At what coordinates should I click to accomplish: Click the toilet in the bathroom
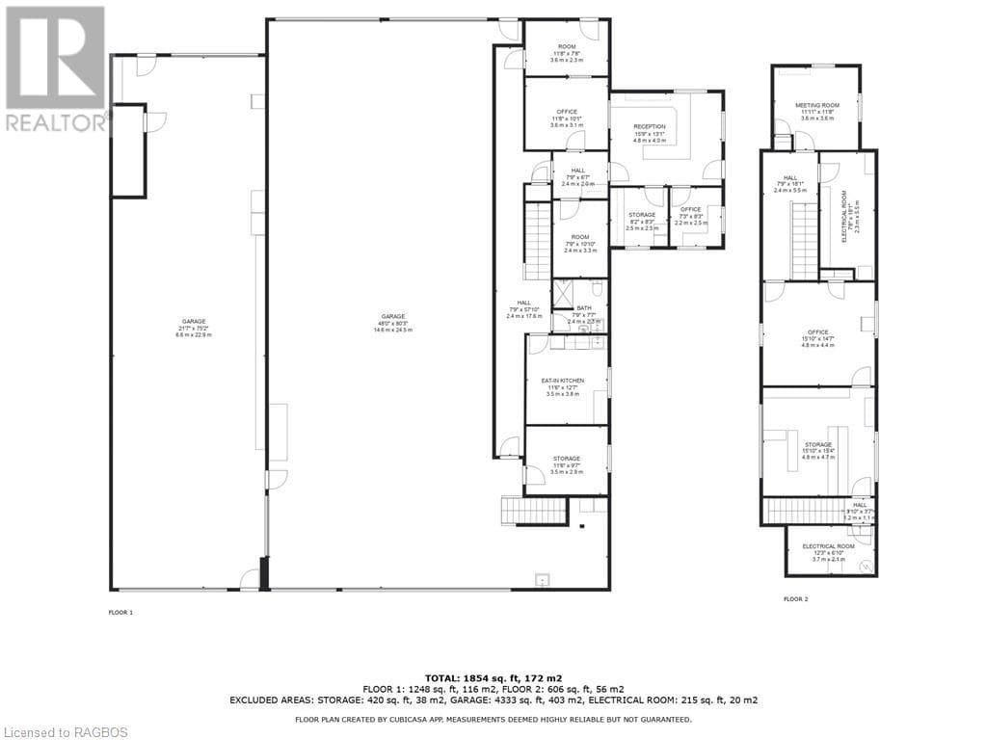tap(598, 288)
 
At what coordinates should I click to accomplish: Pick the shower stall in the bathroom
tap(562, 291)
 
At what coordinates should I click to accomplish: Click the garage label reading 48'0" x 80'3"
tap(392, 323)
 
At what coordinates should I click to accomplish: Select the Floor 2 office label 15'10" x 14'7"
tap(817, 338)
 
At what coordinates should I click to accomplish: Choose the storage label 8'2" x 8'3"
tap(642, 221)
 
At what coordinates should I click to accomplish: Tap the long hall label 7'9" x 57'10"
tap(524, 309)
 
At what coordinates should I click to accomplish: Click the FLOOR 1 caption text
tap(120, 612)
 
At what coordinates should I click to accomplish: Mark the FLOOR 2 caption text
tap(795, 599)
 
